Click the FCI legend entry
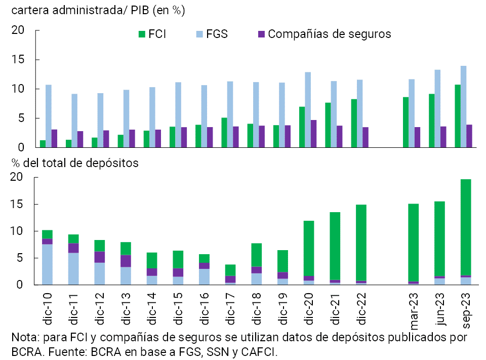tap(152, 34)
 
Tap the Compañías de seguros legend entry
tap(325, 34)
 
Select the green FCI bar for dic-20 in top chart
tap(302, 127)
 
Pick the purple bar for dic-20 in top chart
tap(314, 134)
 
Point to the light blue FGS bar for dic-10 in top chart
tap(49, 116)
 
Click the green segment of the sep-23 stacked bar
tap(466, 227)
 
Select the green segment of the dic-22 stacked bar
tap(361, 243)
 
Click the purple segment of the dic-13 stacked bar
tap(125, 261)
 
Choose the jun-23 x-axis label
tap(439, 306)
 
